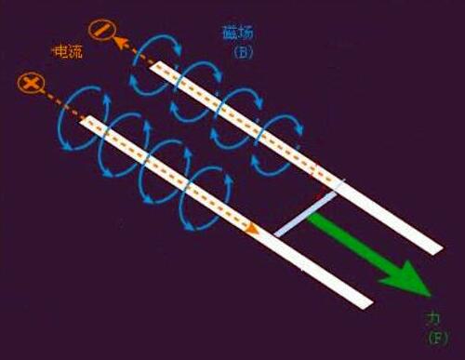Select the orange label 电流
[x=67, y=52]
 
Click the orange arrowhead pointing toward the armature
[x=251, y=228]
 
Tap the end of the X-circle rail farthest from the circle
[x=367, y=303]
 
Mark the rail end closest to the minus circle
[x=156, y=67]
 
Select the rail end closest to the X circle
[x=86, y=121]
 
